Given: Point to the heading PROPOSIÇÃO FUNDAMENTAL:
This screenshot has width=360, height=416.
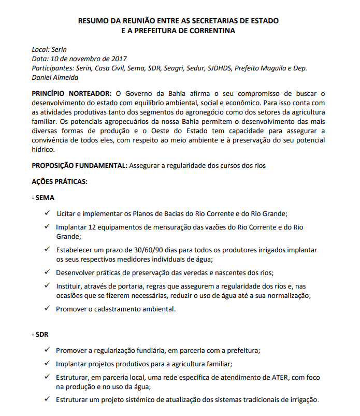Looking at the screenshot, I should (79, 166).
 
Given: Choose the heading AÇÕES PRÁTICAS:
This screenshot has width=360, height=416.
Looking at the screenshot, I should (60, 182).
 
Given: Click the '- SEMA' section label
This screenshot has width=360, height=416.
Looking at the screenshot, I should (44, 198).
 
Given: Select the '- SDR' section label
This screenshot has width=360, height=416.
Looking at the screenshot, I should (41, 335).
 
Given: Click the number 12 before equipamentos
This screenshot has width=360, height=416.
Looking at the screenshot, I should (93, 227).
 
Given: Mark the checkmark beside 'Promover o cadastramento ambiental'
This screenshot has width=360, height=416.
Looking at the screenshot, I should (47, 309).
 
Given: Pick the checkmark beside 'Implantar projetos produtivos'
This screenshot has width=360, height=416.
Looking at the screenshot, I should (47, 364).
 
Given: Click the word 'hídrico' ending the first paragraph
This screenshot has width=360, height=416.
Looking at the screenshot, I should (42, 150).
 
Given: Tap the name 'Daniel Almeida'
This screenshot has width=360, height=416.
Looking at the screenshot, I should (55, 77).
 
